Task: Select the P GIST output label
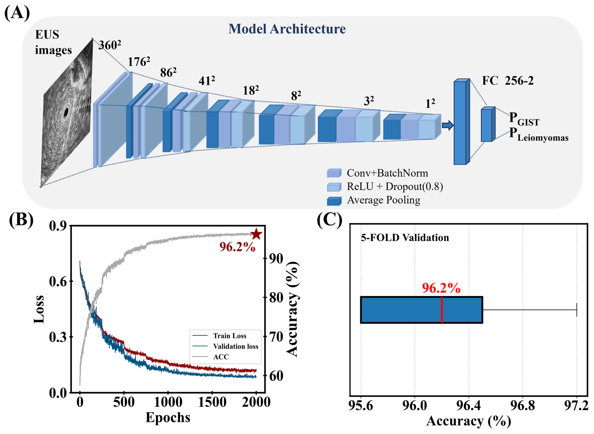coord(524,119)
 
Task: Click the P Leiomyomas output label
coord(538,135)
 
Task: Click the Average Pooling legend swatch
coord(334,201)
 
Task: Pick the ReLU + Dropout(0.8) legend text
coord(395,186)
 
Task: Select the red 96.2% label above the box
coord(441,288)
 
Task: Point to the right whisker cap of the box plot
coord(576,310)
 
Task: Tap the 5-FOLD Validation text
coord(405,238)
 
